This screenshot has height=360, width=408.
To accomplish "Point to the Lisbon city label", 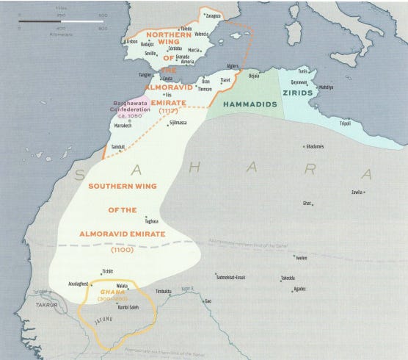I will (x=132, y=42).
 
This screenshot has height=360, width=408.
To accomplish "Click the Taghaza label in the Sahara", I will (x=151, y=220).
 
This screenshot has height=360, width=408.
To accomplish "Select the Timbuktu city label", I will (x=162, y=292).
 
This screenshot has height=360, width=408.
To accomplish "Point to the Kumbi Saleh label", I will (x=128, y=307).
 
